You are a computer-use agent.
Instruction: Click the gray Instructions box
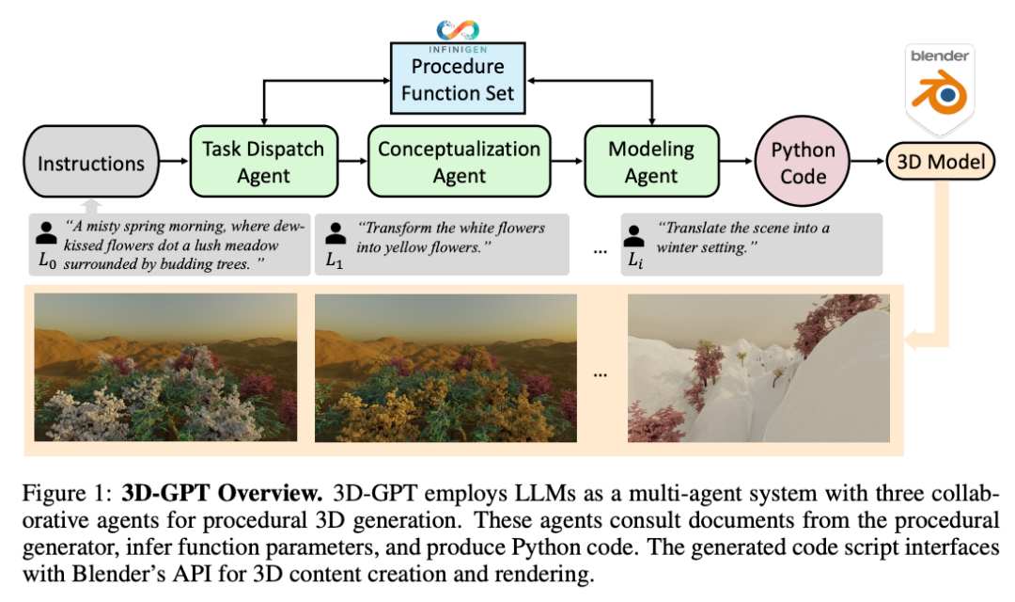pos(91,162)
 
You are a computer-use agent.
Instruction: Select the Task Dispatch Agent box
pos(263,162)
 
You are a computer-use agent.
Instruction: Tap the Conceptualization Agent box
pos(459,162)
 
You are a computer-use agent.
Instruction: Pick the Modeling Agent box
pos(651,162)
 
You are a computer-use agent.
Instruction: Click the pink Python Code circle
pos(803,162)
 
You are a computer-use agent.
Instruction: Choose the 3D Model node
pos(941,162)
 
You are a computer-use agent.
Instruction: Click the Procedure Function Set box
pos(458,78)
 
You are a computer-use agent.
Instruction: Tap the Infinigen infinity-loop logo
pos(458,30)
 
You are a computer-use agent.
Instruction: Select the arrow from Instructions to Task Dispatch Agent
pos(174,161)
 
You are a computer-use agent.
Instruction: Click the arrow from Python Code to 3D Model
pos(868,161)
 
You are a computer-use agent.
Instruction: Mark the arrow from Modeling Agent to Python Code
pos(738,161)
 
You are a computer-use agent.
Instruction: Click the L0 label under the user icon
pos(47,261)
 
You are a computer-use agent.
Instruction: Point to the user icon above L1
pos(336,233)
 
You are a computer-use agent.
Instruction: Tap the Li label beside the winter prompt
pos(635,261)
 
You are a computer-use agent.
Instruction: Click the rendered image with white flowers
pos(165,368)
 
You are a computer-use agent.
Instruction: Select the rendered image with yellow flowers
pos(445,368)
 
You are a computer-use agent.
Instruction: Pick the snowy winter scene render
pos(758,368)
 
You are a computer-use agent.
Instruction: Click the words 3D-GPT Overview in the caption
pos(222,493)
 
